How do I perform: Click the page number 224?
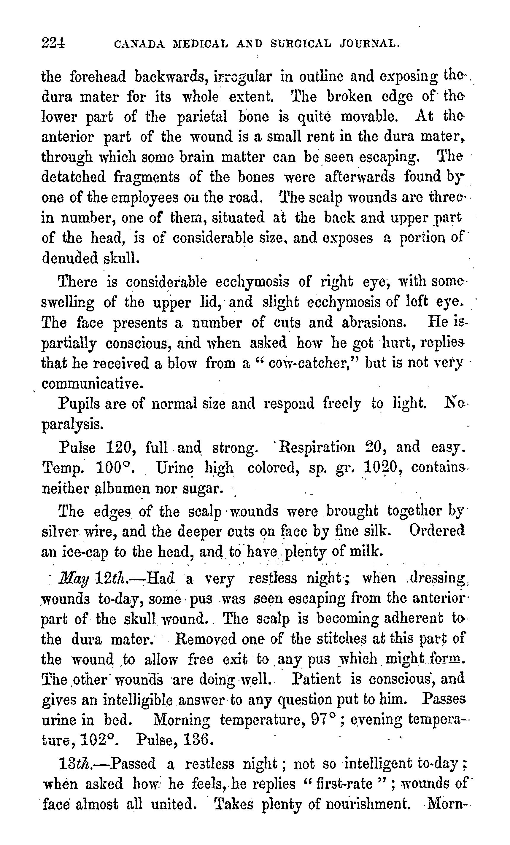pyautogui.click(x=53, y=44)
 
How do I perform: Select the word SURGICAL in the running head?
pyautogui.click(x=301, y=44)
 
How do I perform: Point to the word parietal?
pyautogui.click(x=202, y=117)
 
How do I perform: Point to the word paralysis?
pyautogui.click(x=72, y=424)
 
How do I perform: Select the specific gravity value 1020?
pyautogui.click(x=382, y=467)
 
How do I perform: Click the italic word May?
pyautogui.click(x=74, y=579)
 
